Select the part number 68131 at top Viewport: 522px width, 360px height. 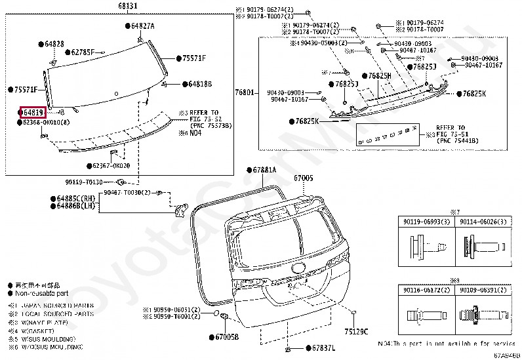[x=128, y=6]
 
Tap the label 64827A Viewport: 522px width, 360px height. [x=142, y=26]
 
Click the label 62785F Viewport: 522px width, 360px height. [x=83, y=52]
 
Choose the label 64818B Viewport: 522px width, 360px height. [x=199, y=84]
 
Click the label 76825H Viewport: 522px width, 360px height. [x=380, y=76]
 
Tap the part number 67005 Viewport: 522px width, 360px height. [x=304, y=178]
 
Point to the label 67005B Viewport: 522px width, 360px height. [x=227, y=337]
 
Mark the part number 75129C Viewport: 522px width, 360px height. [x=357, y=330]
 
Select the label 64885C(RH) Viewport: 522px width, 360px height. [x=76, y=198]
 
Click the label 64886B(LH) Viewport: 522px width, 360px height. [x=76, y=206]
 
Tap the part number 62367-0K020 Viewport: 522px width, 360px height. [x=111, y=166]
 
